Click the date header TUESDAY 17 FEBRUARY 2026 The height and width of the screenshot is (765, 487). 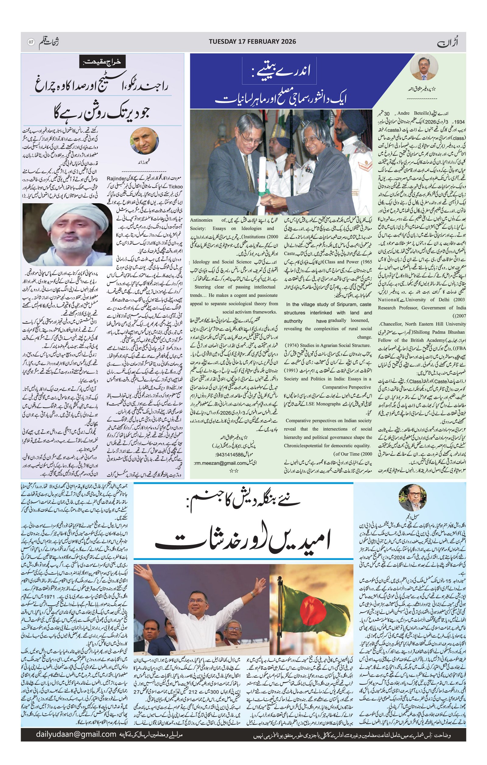pos(252,42)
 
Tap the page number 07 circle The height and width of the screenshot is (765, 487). pos(31,42)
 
